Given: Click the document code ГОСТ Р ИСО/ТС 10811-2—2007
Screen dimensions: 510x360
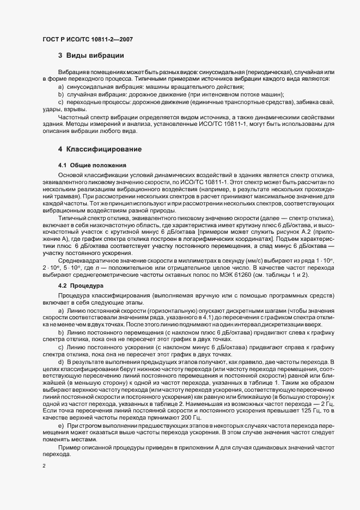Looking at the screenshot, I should (x=87, y=40).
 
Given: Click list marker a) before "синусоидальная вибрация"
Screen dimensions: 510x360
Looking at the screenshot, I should (x=60, y=87).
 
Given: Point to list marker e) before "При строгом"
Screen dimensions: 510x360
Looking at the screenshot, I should (x=60, y=409).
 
